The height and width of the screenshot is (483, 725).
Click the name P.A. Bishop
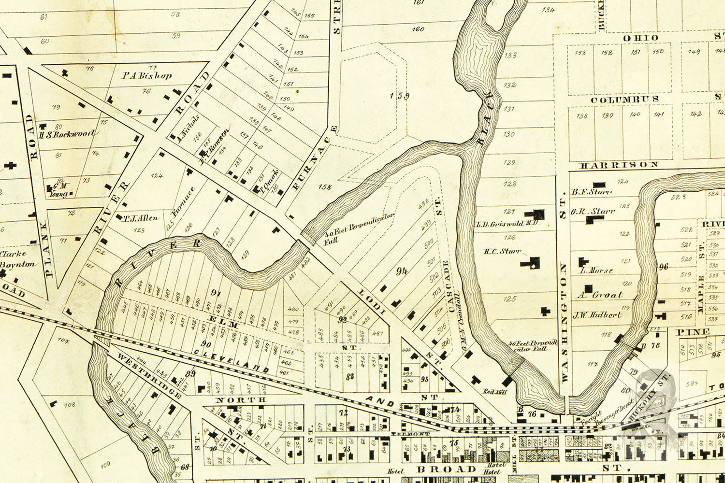click(x=146, y=75)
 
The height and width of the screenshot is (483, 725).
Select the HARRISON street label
click(x=619, y=165)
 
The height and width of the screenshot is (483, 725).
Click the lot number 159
click(x=399, y=96)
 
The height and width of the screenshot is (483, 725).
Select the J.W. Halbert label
click(x=597, y=315)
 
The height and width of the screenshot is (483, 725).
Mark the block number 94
click(x=401, y=271)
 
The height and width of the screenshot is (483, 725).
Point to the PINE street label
click(x=693, y=332)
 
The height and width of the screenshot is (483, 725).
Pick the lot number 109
click(x=105, y=465)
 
